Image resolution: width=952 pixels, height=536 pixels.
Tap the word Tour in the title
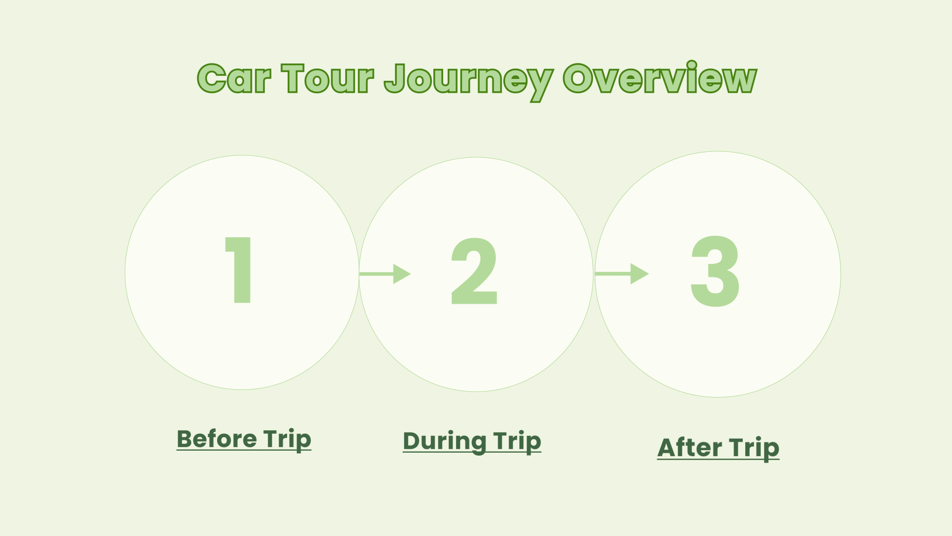[x=327, y=78]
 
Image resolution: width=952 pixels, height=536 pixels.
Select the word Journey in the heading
[x=468, y=81]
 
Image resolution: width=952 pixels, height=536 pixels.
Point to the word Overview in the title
[x=659, y=78]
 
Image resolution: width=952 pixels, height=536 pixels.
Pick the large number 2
[x=474, y=271]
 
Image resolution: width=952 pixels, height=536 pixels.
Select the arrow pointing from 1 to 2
[x=385, y=273]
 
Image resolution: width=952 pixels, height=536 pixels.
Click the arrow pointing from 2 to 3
[x=622, y=273]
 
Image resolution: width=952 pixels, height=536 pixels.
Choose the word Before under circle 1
[x=217, y=439]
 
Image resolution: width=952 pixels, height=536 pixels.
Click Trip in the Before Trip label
[x=287, y=440]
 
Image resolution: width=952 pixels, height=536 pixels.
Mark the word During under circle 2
[x=444, y=442]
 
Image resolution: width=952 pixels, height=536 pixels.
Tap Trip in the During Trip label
[x=517, y=442]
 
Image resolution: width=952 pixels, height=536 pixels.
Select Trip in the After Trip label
[x=755, y=449]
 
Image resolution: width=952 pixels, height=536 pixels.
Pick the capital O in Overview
[x=580, y=78]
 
